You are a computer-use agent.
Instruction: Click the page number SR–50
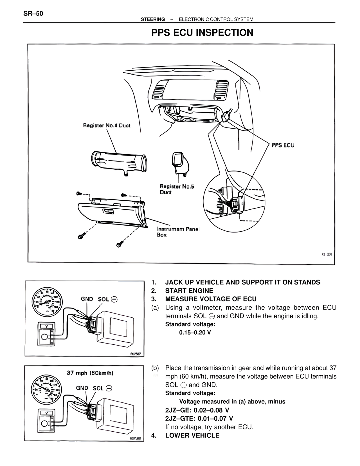[33, 14]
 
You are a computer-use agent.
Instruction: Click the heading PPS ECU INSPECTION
[202, 33]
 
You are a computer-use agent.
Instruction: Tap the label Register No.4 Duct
[107, 126]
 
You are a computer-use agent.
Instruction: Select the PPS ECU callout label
[283, 145]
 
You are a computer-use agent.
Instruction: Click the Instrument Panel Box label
[178, 232]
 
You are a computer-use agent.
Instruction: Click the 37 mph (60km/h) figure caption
[90, 373]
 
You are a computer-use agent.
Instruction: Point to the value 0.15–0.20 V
[195, 333]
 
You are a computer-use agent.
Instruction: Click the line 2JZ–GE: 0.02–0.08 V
[197, 410]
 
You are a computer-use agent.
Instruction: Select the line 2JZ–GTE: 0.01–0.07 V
[199, 418]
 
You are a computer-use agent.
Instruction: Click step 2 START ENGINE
[189, 291]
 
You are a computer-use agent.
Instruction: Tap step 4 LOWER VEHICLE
[192, 435]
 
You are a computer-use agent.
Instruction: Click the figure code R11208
[327, 254]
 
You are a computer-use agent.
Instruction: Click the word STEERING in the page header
[153, 19]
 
